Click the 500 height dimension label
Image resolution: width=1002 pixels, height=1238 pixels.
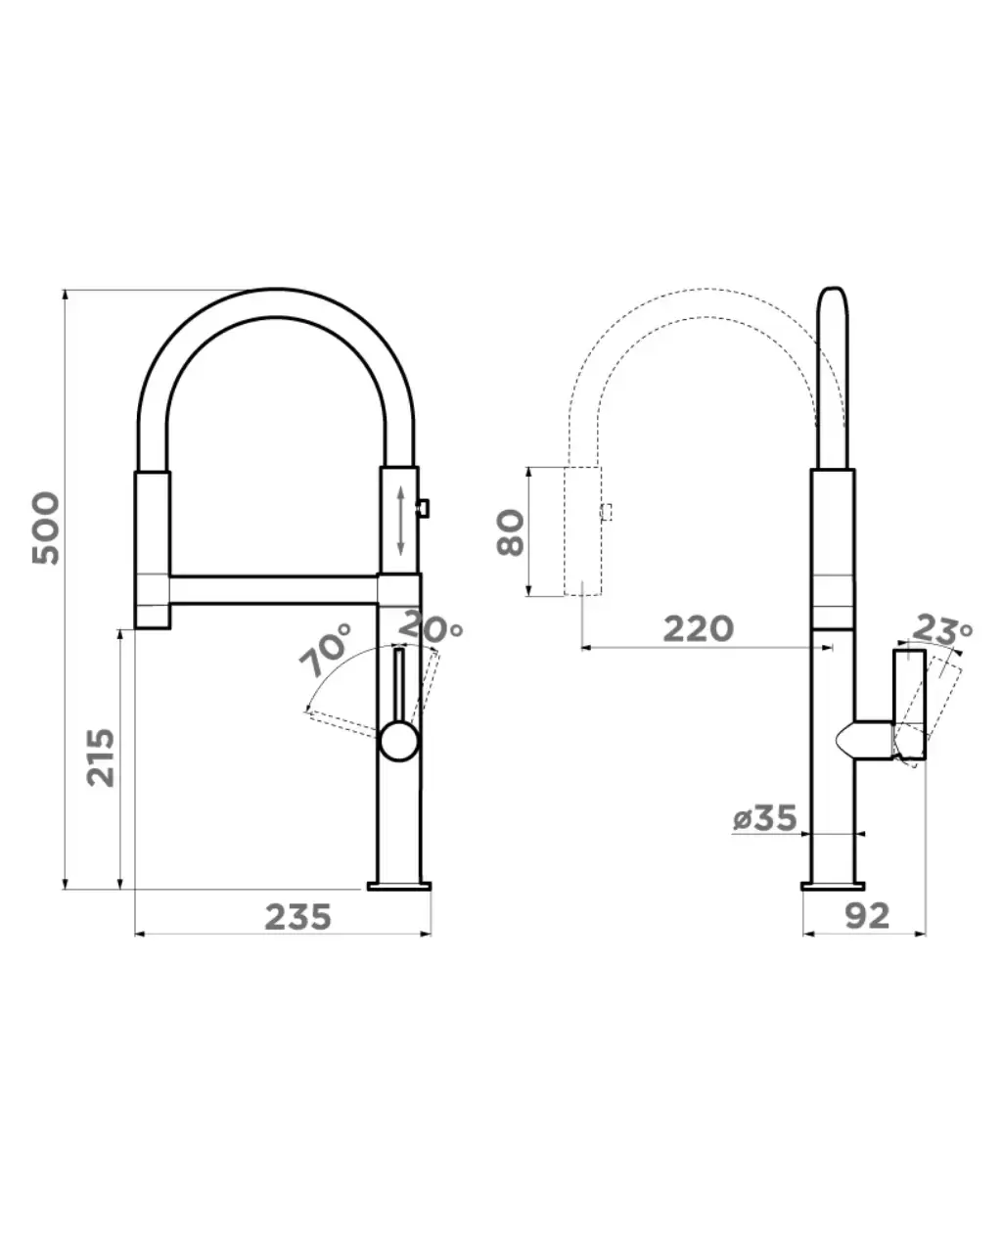pyautogui.click(x=45, y=527)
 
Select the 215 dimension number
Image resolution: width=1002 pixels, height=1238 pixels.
pyautogui.click(x=100, y=757)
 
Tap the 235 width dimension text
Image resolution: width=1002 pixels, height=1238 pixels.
pyautogui.click(x=297, y=918)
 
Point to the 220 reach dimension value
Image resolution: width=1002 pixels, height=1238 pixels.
pyautogui.click(x=698, y=629)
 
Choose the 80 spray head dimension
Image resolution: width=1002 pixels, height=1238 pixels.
pyautogui.click(x=511, y=531)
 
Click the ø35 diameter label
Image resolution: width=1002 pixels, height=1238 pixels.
pyautogui.click(x=764, y=818)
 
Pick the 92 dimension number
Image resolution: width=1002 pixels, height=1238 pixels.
pyautogui.click(x=867, y=917)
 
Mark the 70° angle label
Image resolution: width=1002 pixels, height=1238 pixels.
pyautogui.click(x=326, y=650)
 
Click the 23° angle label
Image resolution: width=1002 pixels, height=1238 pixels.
pyautogui.click(x=941, y=629)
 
